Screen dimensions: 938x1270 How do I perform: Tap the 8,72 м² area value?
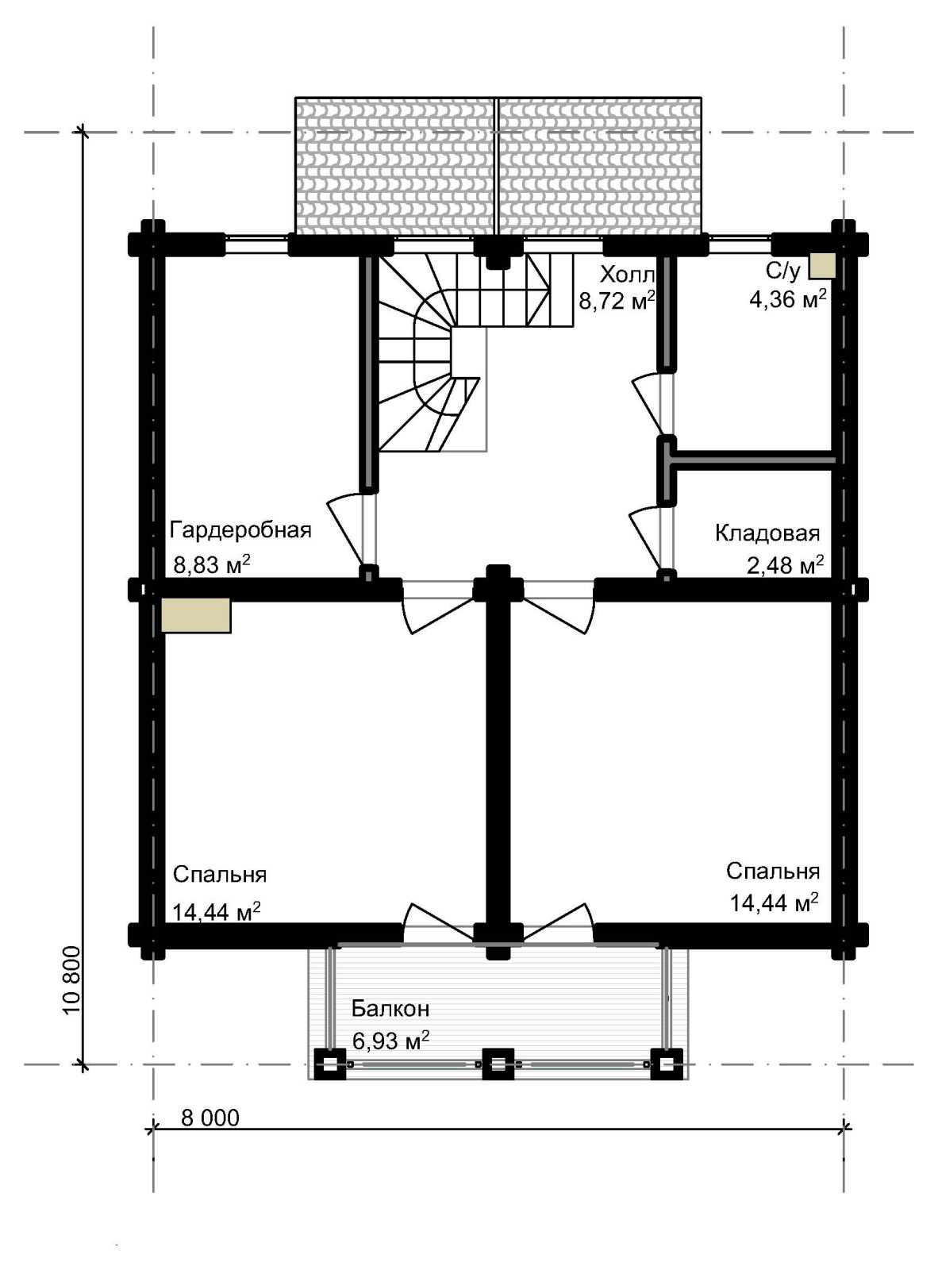[x=617, y=300]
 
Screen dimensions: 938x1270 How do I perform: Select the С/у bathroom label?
[x=782, y=271]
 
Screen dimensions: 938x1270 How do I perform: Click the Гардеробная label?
[x=240, y=530]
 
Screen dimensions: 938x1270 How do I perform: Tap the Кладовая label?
[x=767, y=533]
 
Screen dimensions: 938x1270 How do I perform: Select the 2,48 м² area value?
[x=785, y=564]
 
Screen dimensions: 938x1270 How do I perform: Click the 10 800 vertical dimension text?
[x=71, y=987]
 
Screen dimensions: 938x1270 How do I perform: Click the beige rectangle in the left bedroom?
[x=196, y=615]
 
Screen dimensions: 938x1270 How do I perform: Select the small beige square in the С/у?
[x=821, y=266]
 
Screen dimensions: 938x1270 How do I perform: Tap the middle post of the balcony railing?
[x=498, y=1064]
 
